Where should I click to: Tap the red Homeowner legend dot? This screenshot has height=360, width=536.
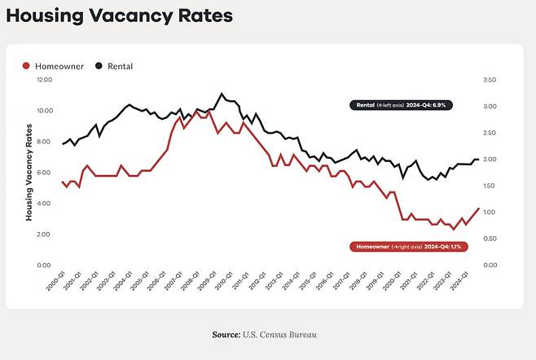coord(26,65)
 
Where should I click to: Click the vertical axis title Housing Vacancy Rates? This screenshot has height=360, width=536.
coord(29,172)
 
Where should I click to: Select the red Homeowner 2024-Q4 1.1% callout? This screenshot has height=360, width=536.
coord(405,246)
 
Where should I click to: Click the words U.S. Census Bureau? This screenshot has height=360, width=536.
coord(279,335)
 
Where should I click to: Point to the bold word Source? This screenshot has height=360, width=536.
coord(226,335)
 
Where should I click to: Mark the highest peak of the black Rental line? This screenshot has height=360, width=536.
coord(222,94)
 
